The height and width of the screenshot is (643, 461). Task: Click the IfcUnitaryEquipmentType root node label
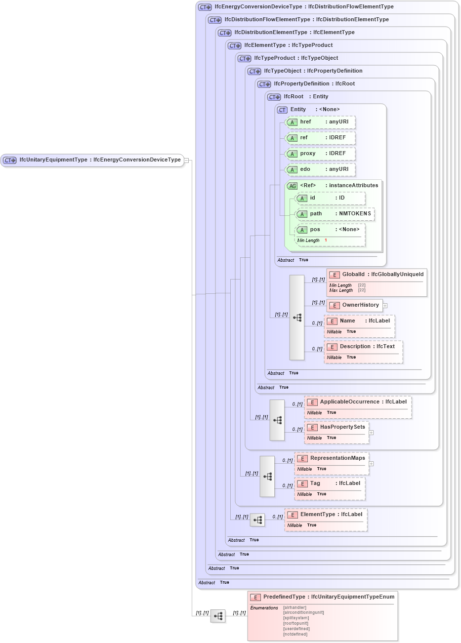click(99, 160)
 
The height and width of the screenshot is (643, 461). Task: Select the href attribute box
click(321, 122)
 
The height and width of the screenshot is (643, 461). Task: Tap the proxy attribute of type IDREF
click(321, 154)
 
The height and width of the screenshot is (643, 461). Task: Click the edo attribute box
click(321, 169)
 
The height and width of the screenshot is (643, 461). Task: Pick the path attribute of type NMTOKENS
click(335, 214)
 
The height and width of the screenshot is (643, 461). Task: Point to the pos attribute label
click(315, 230)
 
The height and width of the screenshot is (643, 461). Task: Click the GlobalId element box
click(377, 275)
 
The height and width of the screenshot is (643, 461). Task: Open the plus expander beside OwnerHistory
click(385, 306)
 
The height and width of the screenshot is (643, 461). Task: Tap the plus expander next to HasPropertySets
click(371, 433)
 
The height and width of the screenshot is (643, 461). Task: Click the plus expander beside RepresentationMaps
click(371, 464)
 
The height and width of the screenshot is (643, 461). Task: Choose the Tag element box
click(330, 483)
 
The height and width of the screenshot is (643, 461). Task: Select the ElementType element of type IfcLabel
click(326, 515)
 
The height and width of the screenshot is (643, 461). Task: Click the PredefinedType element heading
click(323, 597)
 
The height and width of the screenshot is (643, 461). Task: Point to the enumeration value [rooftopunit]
click(296, 623)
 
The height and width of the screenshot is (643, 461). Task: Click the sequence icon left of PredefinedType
click(218, 616)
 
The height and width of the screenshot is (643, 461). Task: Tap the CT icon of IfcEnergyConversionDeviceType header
click(205, 7)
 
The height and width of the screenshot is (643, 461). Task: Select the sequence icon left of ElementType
click(257, 520)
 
